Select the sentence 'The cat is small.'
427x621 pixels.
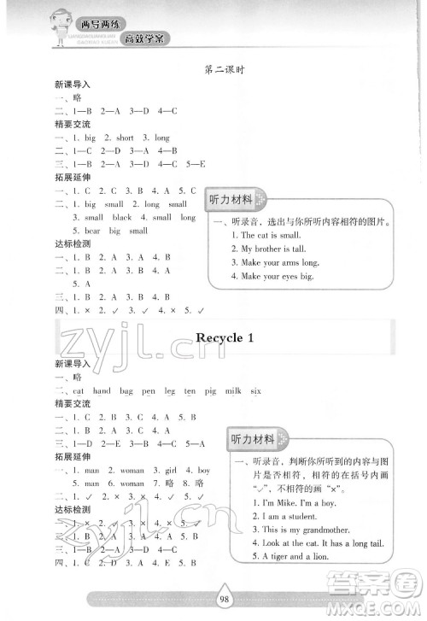(x=266, y=234)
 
